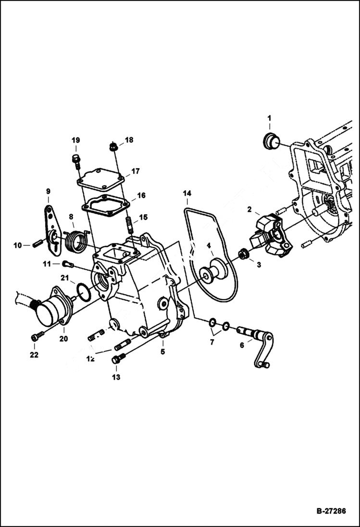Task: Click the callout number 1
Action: coord(269,118)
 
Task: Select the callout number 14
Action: coord(187,193)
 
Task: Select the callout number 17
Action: coord(136,171)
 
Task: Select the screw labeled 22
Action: coord(35,337)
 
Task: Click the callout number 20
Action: coord(63,338)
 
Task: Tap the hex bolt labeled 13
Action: coord(119,358)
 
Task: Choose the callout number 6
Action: coord(242,345)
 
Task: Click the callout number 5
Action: coord(162,352)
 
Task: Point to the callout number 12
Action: coord(90,358)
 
